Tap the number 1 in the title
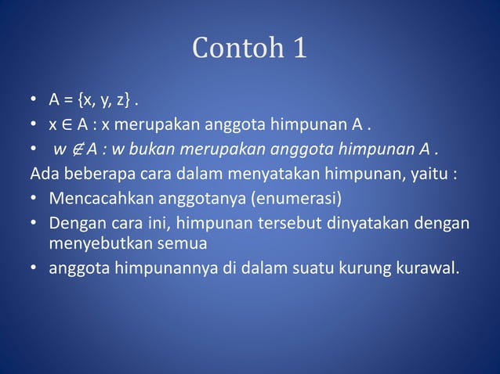(x=299, y=49)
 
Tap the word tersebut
(x=284, y=224)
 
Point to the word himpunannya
(x=156, y=269)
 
